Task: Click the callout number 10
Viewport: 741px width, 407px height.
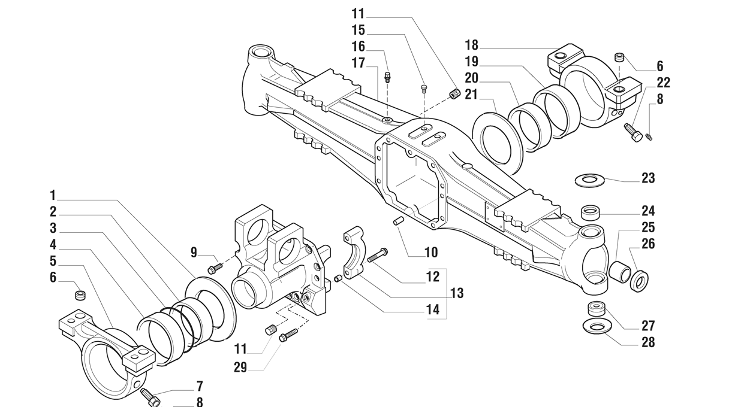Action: tap(430, 252)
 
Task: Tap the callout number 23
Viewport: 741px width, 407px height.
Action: tap(647, 178)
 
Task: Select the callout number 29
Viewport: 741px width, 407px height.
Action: tap(240, 367)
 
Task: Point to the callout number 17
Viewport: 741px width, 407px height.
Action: tap(358, 62)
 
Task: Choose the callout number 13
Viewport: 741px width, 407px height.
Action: tap(457, 293)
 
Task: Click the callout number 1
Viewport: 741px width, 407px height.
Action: tap(53, 195)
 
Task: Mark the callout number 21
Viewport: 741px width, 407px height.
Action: tap(471, 94)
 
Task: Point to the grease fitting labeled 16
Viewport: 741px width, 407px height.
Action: tap(387, 76)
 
